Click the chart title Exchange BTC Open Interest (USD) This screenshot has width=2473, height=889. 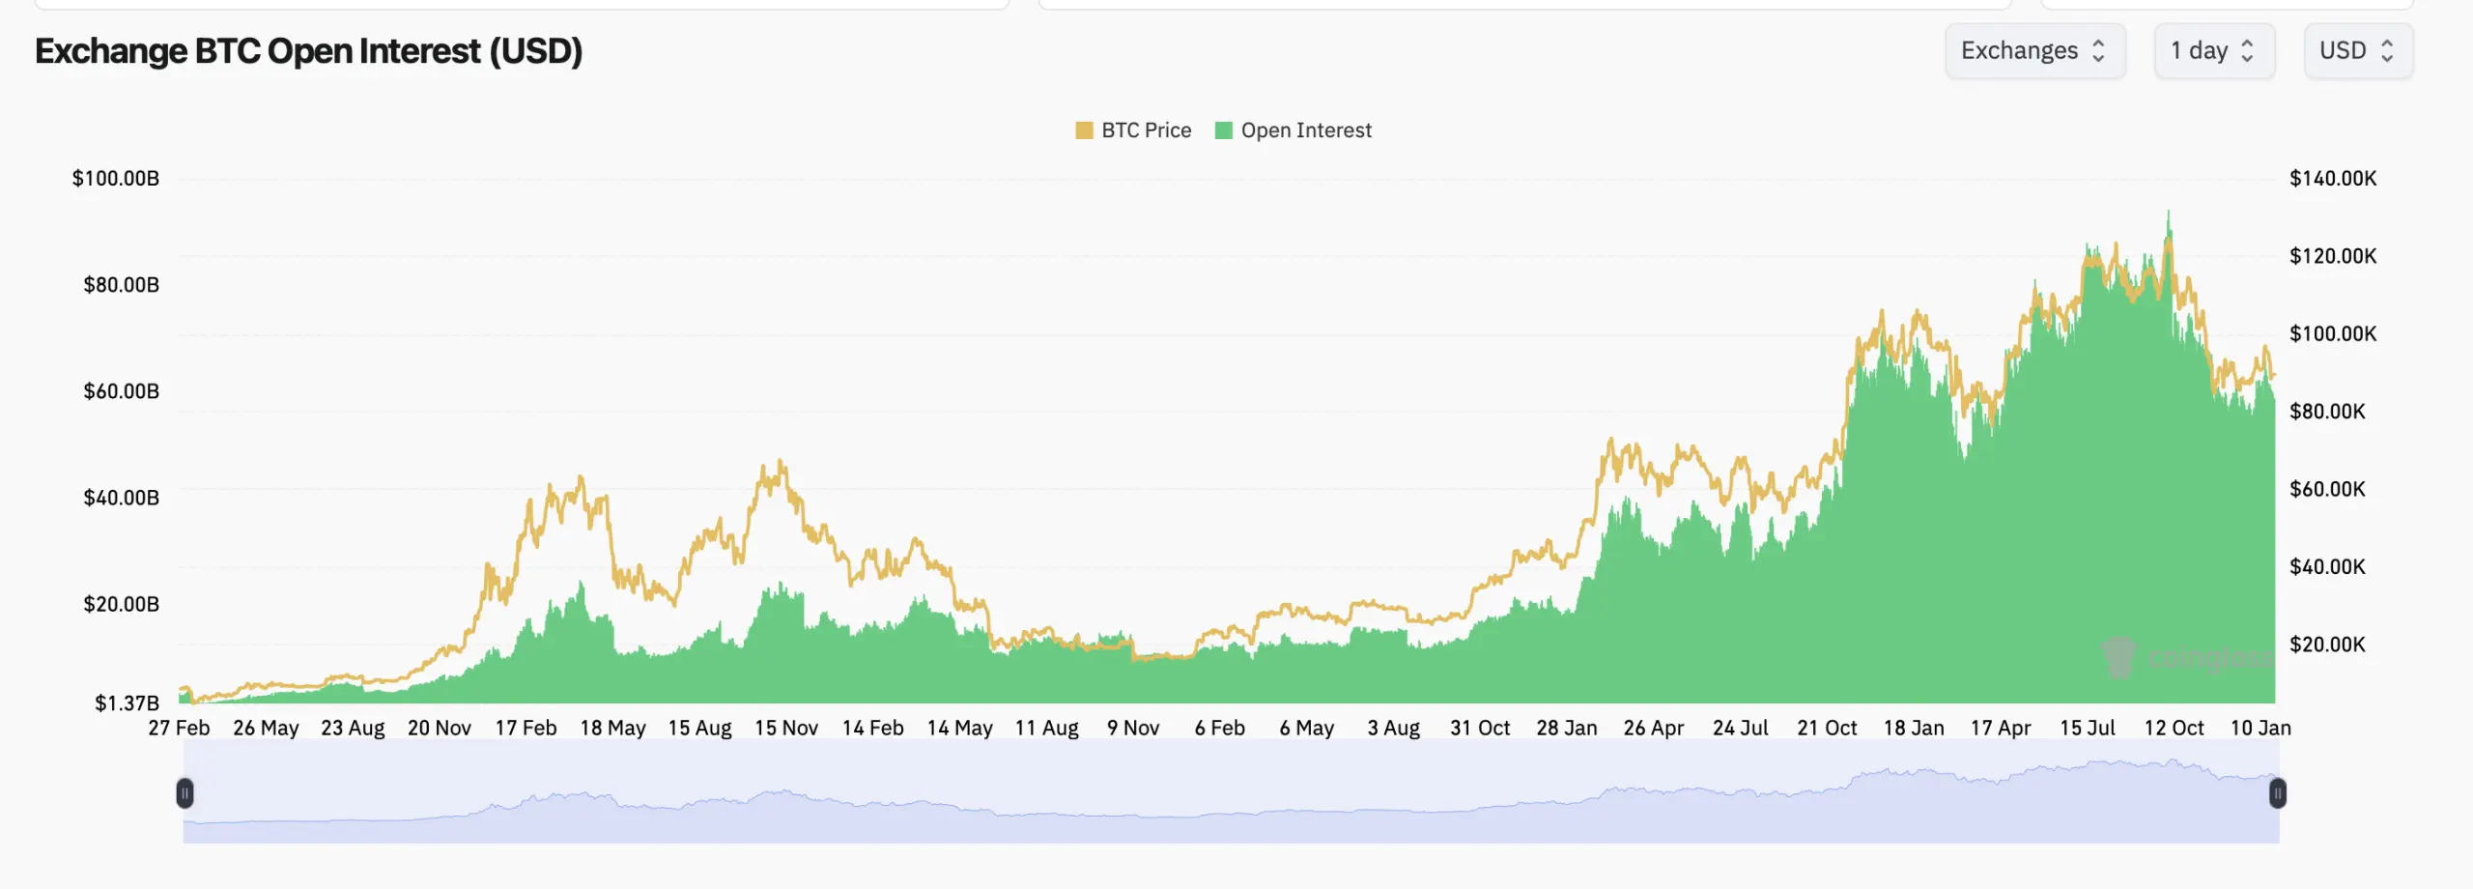click(x=308, y=51)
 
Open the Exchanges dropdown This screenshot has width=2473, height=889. click(x=2033, y=51)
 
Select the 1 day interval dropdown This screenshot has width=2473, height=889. click(x=2213, y=51)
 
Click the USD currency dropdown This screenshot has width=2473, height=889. click(x=2357, y=51)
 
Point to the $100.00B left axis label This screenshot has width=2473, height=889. click(x=116, y=179)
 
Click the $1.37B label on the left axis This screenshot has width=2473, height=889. click(x=127, y=703)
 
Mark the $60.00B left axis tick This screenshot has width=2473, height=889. click(x=121, y=391)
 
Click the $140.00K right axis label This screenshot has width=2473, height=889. click(x=2332, y=179)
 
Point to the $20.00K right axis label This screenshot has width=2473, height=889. click(x=2327, y=645)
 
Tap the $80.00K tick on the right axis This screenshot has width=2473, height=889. click(x=2327, y=412)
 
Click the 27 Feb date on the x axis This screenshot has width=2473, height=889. click(x=179, y=729)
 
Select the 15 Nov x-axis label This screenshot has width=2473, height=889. click(x=786, y=729)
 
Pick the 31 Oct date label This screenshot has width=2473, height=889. click(x=1479, y=729)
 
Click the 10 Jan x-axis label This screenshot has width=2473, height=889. click(x=2260, y=729)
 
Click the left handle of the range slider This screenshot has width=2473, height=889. click(x=185, y=793)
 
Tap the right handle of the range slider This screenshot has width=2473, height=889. click(x=2277, y=793)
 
